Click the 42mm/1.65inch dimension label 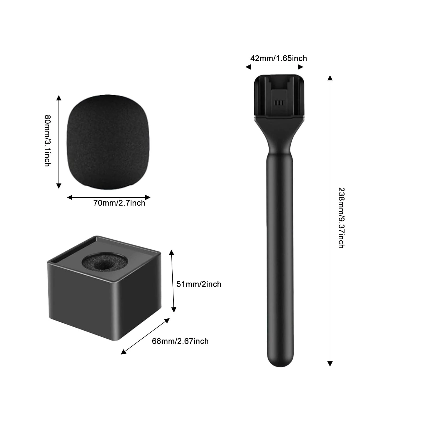[279, 58]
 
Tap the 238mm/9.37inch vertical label [341, 218]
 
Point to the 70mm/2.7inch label [119, 203]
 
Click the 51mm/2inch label [199, 284]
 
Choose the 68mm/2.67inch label [180, 341]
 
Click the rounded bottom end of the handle [280, 361]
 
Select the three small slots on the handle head [279, 103]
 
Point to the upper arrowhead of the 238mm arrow [330, 77]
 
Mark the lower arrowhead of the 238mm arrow [330, 364]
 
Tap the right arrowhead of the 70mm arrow [148, 197]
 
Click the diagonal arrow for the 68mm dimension [145, 336]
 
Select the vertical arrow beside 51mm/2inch [173, 281]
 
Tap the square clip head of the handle [279, 96]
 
